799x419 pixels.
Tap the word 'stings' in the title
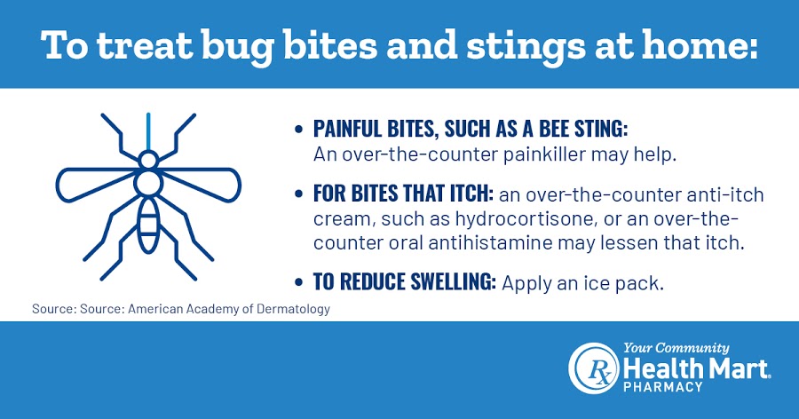526,47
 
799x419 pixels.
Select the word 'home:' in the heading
700,44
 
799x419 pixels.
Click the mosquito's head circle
148,160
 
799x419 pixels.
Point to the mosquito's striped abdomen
149,225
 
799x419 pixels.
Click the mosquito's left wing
95,184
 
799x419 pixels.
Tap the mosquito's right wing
202,184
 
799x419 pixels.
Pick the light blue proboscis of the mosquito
148,131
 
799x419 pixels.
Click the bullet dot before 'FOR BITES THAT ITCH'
299,194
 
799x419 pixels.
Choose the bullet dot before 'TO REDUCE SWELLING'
299,282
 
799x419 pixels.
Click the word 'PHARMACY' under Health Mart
663,387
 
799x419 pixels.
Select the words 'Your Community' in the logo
676,349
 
